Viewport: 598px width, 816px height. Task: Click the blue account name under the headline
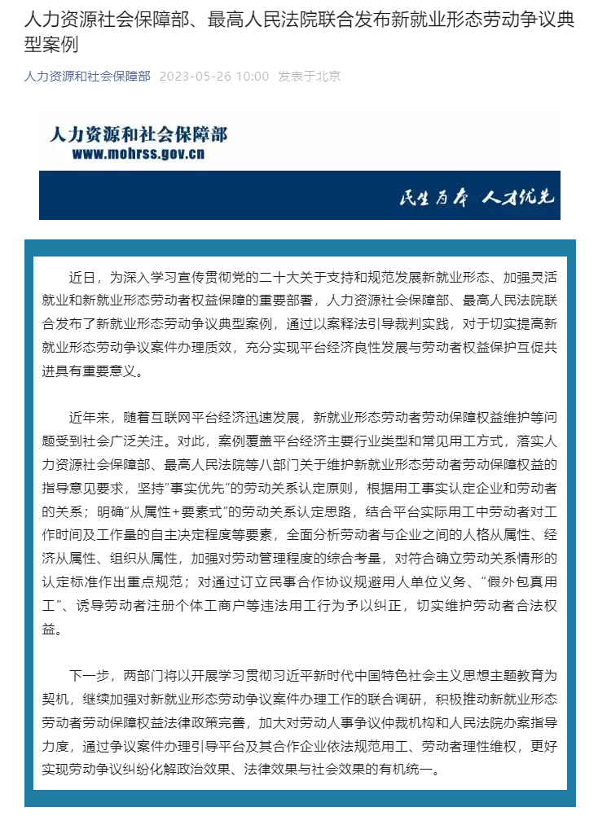click(x=87, y=77)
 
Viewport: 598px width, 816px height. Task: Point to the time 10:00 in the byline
click(x=252, y=77)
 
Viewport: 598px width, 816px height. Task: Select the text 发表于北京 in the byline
click(x=309, y=77)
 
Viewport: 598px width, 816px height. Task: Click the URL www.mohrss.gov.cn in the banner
click(x=139, y=154)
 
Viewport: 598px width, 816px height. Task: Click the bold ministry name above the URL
click(x=139, y=134)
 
